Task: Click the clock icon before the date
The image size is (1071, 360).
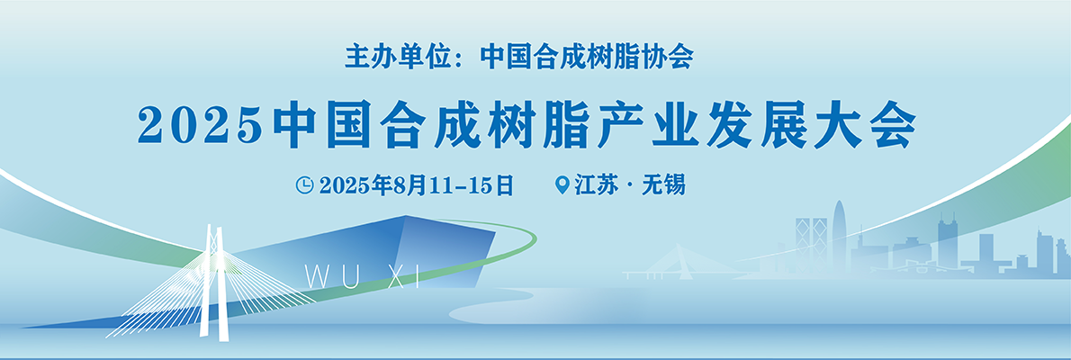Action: [304, 184]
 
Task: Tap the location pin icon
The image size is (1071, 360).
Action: [562, 185]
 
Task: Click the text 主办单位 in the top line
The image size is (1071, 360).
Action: [387, 56]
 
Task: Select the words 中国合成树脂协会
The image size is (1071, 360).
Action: [587, 56]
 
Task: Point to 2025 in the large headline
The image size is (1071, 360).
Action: [200, 126]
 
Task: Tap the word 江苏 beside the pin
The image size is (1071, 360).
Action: [596, 185]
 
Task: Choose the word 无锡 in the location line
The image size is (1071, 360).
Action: [663, 185]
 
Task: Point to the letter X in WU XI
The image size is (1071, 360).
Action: [395, 276]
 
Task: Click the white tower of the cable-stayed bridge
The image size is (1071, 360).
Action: [212, 280]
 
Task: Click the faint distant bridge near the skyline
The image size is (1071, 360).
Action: [683, 265]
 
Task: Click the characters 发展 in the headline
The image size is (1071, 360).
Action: [756, 126]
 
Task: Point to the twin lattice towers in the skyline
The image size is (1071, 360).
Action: [811, 242]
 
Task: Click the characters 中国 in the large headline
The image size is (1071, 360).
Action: [322, 126]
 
